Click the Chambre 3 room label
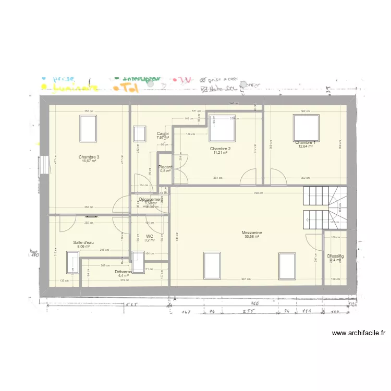[x=89, y=157]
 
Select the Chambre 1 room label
[x=305, y=142]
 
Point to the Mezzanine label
[x=252, y=233]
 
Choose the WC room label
[x=150, y=236]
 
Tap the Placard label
[x=165, y=167]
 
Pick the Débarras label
[x=124, y=272]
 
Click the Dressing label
[x=335, y=256]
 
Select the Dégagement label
[x=150, y=199]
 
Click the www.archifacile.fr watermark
[x=358, y=333]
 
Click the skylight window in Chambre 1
[x=306, y=126]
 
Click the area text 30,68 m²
[x=252, y=237]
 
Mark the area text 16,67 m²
[x=89, y=161]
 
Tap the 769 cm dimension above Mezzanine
[x=256, y=192]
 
